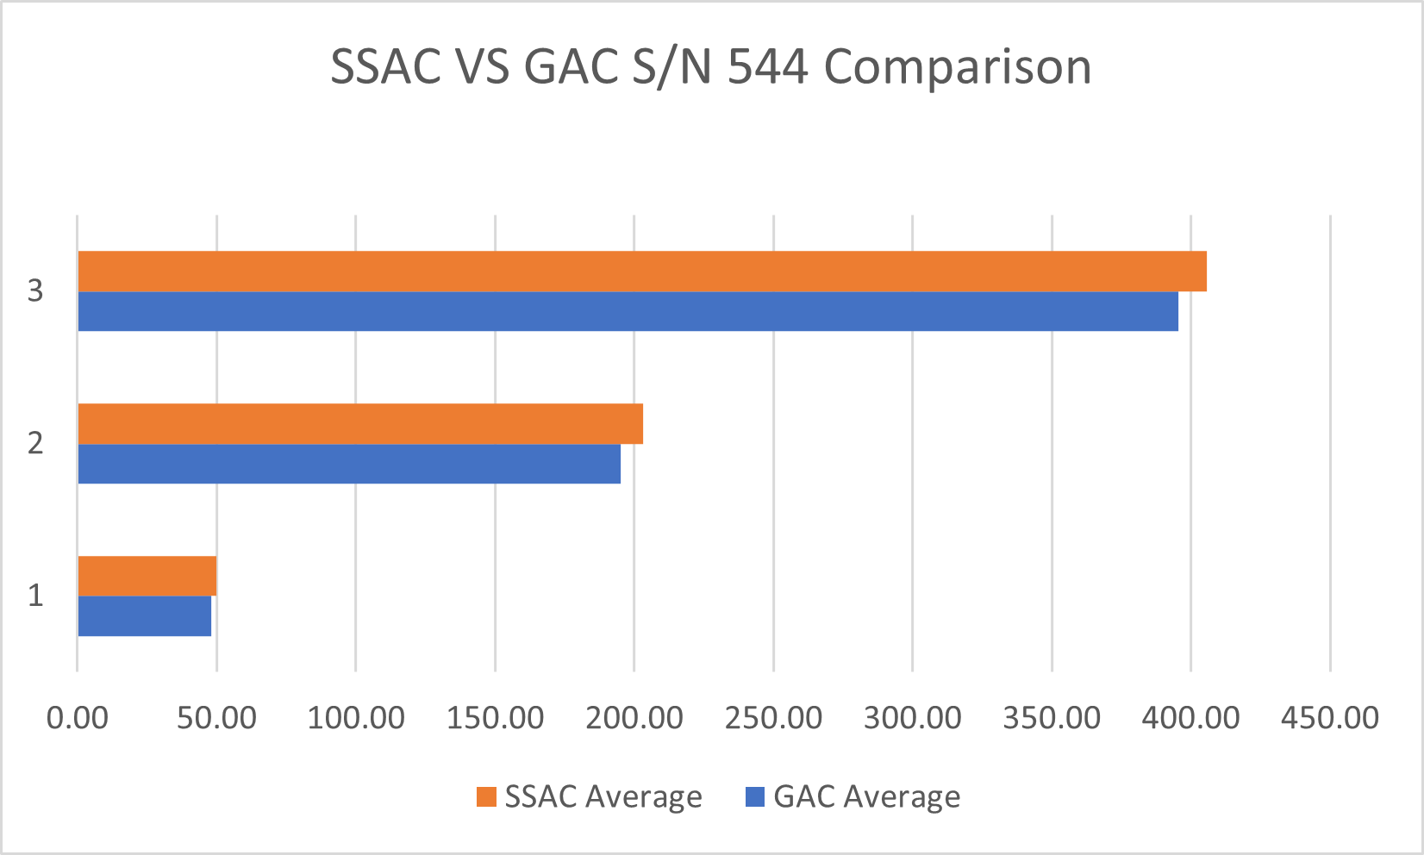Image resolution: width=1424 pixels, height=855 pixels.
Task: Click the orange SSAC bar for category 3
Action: coord(642,271)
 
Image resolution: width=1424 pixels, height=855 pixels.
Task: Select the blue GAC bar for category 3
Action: coord(628,311)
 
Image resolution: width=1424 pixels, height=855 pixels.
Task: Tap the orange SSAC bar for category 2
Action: coord(360,424)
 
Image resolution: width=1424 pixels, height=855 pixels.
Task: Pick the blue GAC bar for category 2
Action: coord(349,464)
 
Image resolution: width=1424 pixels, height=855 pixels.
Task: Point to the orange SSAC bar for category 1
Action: coord(147,577)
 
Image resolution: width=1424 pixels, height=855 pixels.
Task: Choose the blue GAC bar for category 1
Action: coord(144,616)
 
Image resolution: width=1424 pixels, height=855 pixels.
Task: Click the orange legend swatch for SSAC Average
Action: coord(487,797)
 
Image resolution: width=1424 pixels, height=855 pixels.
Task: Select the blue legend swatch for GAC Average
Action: coord(754,797)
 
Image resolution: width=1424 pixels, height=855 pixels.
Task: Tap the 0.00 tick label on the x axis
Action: coord(78,717)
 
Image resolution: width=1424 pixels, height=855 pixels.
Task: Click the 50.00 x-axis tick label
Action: coord(216,717)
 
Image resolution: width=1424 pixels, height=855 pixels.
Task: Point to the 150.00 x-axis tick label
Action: coord(495,717)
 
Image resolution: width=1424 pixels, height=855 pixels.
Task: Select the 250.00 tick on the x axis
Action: coord(773,717)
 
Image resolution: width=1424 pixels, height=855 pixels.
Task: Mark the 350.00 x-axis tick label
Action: coord(1052,717)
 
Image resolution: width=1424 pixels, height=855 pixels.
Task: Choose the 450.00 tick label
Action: coord(1330,717)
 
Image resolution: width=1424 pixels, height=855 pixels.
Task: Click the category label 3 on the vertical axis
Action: coord(35,291)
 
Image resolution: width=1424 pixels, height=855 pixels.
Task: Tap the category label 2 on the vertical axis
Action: coord(35,444)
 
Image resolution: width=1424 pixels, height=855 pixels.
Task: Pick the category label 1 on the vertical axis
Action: coord(35,596)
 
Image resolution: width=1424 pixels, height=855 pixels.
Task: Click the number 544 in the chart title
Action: coord(767,67)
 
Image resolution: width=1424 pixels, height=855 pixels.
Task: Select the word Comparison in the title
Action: coord(958,67)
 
